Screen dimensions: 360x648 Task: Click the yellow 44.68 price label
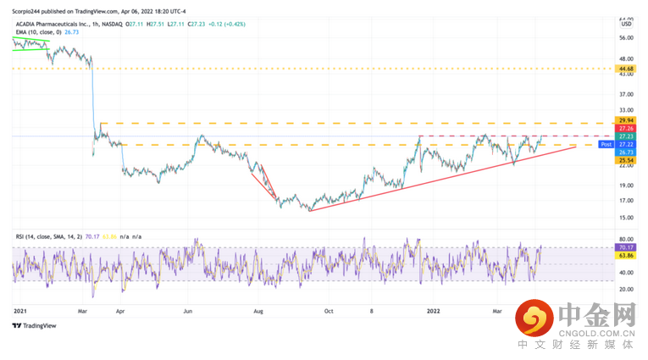(628, 69)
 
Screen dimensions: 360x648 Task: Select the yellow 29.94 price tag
(628, 121)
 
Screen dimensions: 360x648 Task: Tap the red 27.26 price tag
(628, 129)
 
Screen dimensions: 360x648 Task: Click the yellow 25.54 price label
(628, 160)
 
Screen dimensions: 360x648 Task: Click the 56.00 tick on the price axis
(628, 38)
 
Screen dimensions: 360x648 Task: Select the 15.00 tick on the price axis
(628, 217)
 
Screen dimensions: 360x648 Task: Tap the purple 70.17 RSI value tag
(628, 248)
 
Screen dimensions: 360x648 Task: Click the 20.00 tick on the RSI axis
(628, 289)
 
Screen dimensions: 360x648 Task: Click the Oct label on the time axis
(329, 311)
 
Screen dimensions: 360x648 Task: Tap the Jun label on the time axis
(188, 311)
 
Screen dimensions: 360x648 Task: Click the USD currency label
(627, 24)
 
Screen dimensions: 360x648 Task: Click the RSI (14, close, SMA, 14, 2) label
(51, 236)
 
